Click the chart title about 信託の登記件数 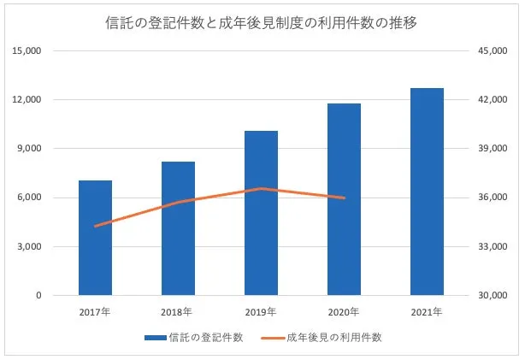(262, 21)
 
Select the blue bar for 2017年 (95, 239)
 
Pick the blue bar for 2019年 (261, 214)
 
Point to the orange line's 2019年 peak (261, 188)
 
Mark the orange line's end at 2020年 (344, 198)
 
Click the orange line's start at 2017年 (96, 227)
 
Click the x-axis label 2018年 (178, 311)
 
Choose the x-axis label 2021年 (427, 311)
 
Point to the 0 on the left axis (38, 296)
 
